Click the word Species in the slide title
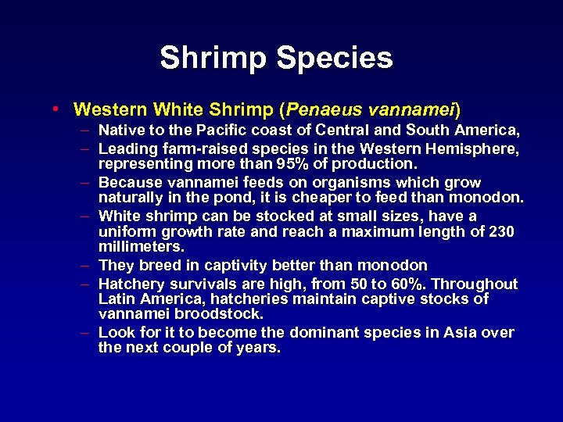click(x=341, y=59)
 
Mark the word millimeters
click(x=141, y=248)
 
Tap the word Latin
click(x=117, y=299)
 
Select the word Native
click(x=122, y=130)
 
